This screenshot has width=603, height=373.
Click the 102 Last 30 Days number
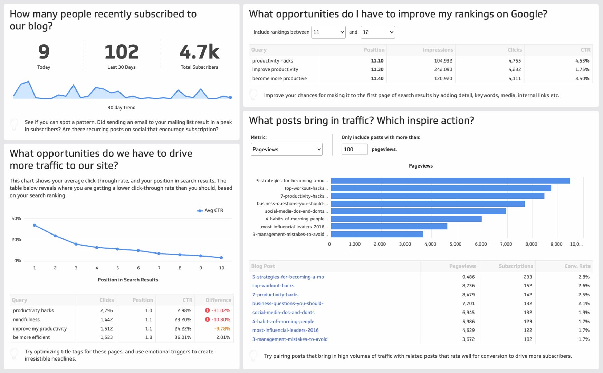122,52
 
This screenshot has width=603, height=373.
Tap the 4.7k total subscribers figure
199,52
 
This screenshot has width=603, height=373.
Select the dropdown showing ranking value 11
328,32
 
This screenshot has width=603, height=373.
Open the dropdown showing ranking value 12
377,32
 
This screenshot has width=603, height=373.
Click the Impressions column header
438,50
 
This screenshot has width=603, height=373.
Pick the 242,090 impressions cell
443,69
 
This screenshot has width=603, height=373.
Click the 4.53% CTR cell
582,61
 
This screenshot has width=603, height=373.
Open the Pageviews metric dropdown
287,149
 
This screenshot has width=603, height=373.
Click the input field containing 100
354,149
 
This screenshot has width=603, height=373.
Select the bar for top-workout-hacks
441,188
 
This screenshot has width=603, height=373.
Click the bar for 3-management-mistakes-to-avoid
377,234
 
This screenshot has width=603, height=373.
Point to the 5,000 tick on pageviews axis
456,244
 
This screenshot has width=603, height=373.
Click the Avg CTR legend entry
210,210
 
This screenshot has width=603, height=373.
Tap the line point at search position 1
34,225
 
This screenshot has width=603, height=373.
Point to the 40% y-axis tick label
16,219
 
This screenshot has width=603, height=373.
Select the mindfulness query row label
26,319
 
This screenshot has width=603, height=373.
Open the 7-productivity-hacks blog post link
275,295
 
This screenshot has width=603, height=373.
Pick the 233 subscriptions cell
527,277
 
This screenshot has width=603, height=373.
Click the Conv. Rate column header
577,266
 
